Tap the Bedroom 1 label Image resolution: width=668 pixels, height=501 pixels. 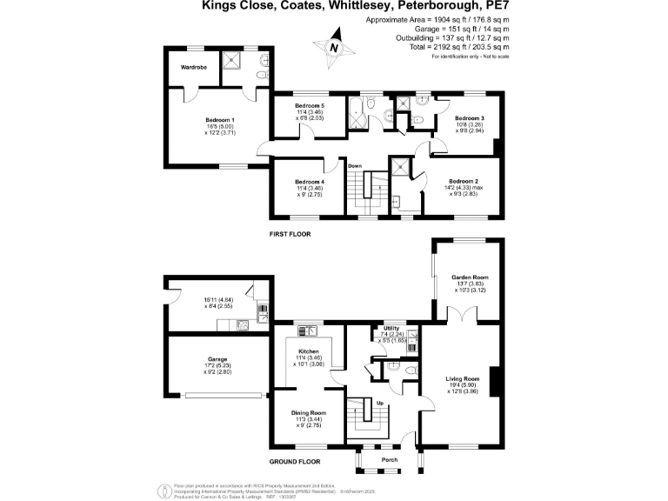tap(220, 119)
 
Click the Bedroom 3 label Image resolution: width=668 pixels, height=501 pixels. tap(470, 117)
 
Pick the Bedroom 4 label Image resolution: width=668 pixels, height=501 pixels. tap(310, 181)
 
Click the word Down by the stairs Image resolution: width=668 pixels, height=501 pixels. tap(355, 165)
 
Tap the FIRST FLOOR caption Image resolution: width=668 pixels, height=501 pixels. tap(290, 234)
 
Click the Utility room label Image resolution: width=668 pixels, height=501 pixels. tap(391, 328)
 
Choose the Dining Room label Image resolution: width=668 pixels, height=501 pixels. tap(311, 412)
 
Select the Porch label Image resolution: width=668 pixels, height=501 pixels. tap(390, 460)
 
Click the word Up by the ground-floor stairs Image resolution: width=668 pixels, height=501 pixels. tap(380, 403)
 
